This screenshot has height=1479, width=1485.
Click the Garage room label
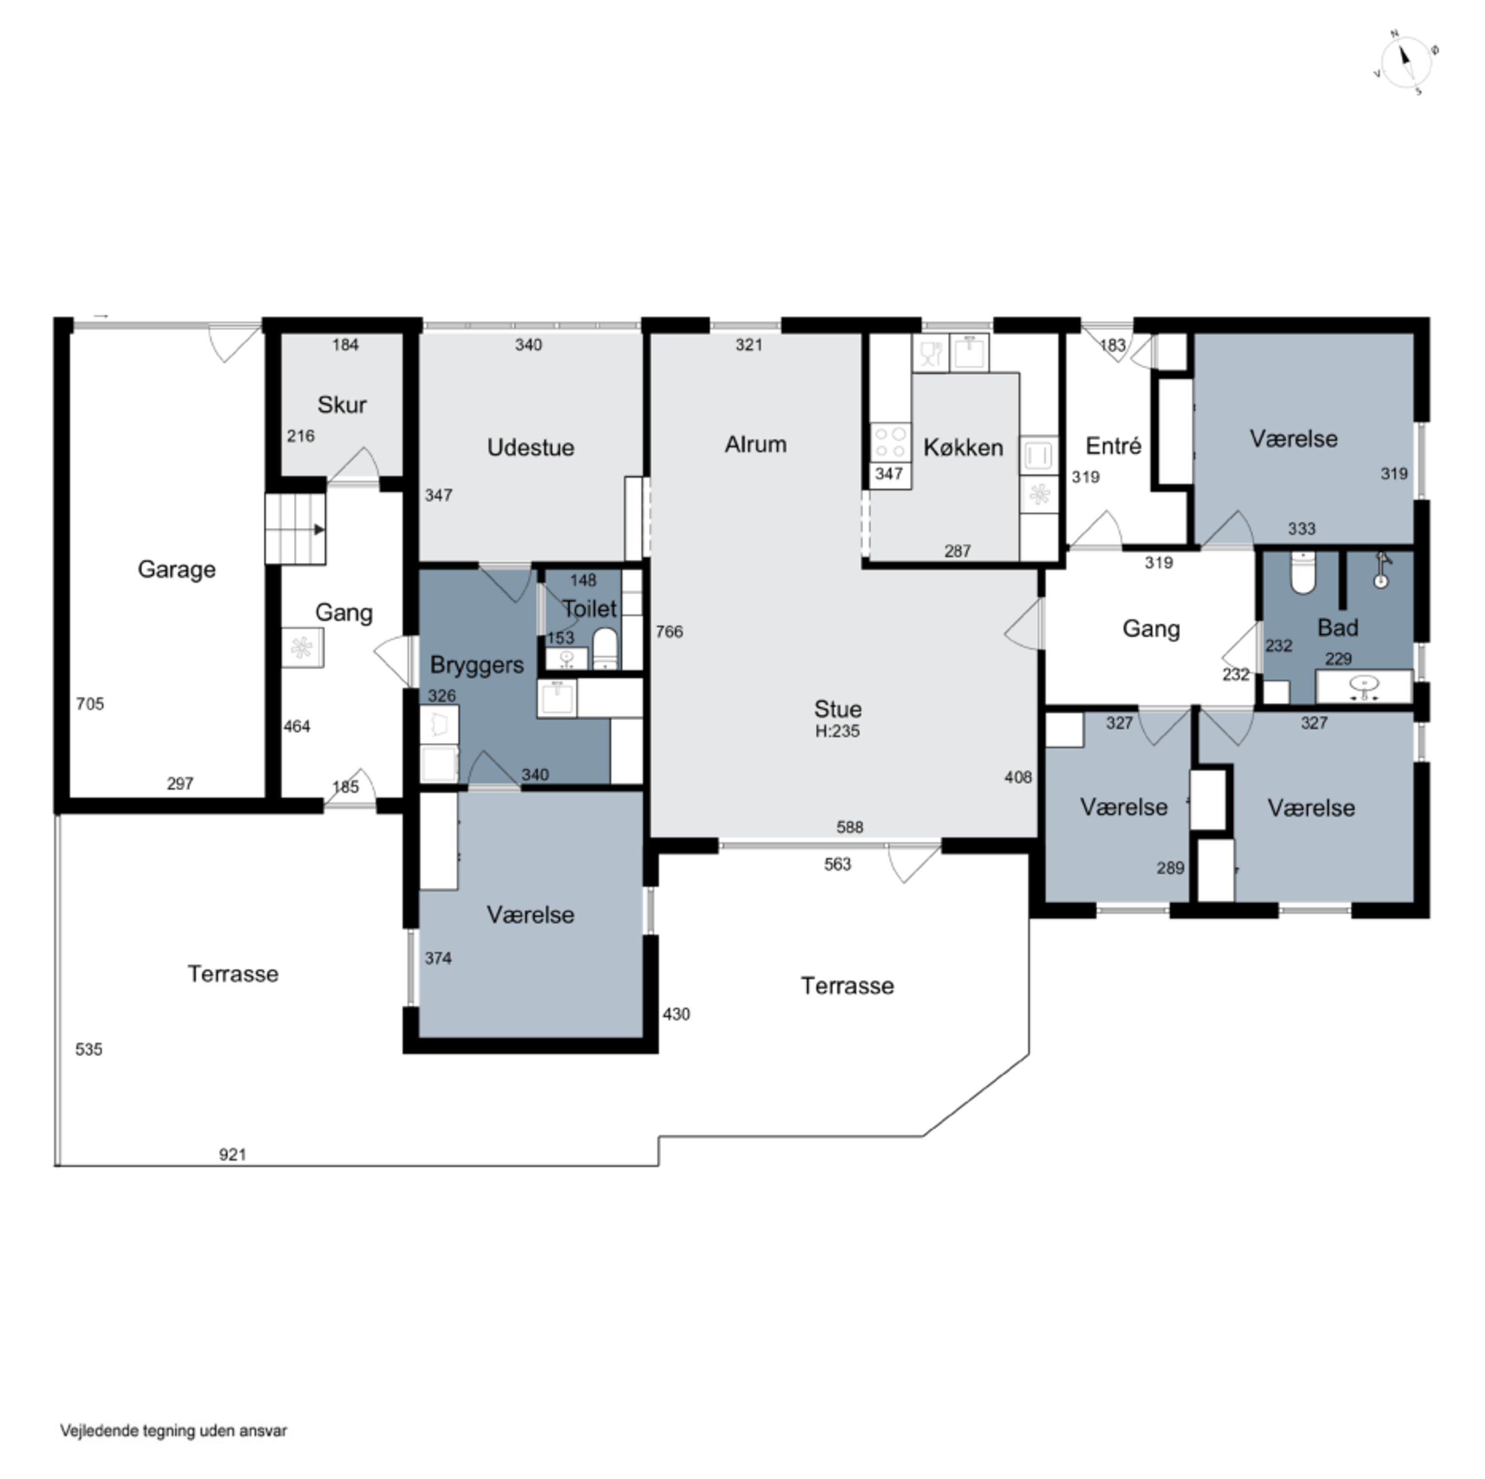pyautogui.click(x=177, y=569)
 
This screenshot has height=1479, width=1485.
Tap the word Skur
pyautogui.click(x=342, y=405)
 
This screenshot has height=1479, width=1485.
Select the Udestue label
pyautogui.click(x=530, y=448)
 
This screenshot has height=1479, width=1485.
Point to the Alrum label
pyautogui.click(x=755, y=444)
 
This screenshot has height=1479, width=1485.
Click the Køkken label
pyautogui.click(x=963, y=448)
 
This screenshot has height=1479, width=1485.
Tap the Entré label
pyautogui.click(x=1113, y=445)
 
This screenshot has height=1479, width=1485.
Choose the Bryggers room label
pyautogui.click(x=477, y=665)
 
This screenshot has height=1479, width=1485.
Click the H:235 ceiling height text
pyautogui.click(x=837, y=731)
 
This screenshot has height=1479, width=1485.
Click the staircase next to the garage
pyautogui.click(x=295, y=529)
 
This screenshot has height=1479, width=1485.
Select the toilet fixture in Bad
pyautogui.click(x=1303, y=573)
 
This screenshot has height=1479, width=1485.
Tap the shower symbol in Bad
pyautogui.click(x=1381, y=570)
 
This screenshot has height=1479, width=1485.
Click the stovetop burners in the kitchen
pyautogui.click(x=890, y=443)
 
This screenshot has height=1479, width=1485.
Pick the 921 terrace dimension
pyautogui.click(x=232, y=1155)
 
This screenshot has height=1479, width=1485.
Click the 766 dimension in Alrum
pyautogui.click(x=669, y=632)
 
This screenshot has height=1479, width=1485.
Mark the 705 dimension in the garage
pyautogui.click(x=90, y=704)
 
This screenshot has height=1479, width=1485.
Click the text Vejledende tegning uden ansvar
pyautogui.click(x=174, y=1430)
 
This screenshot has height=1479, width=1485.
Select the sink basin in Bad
pyautogui.click(x=1364, y=686)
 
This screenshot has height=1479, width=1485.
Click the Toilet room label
pyautogui.click(x=590, y=609)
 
